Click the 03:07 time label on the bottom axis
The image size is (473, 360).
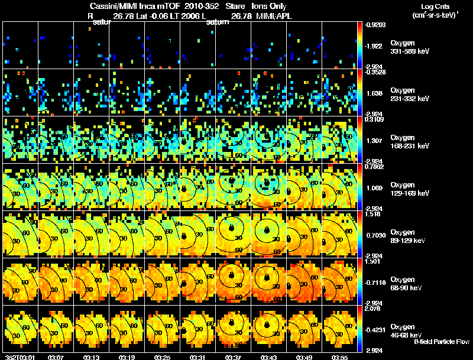56,357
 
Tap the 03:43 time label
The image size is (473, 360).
268,357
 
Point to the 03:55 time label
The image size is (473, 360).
339,357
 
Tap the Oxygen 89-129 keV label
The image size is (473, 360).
409,236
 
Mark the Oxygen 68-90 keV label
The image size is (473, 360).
407,283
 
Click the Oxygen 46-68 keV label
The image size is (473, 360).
407,330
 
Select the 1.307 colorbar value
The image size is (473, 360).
374,140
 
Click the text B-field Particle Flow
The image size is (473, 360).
442,342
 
